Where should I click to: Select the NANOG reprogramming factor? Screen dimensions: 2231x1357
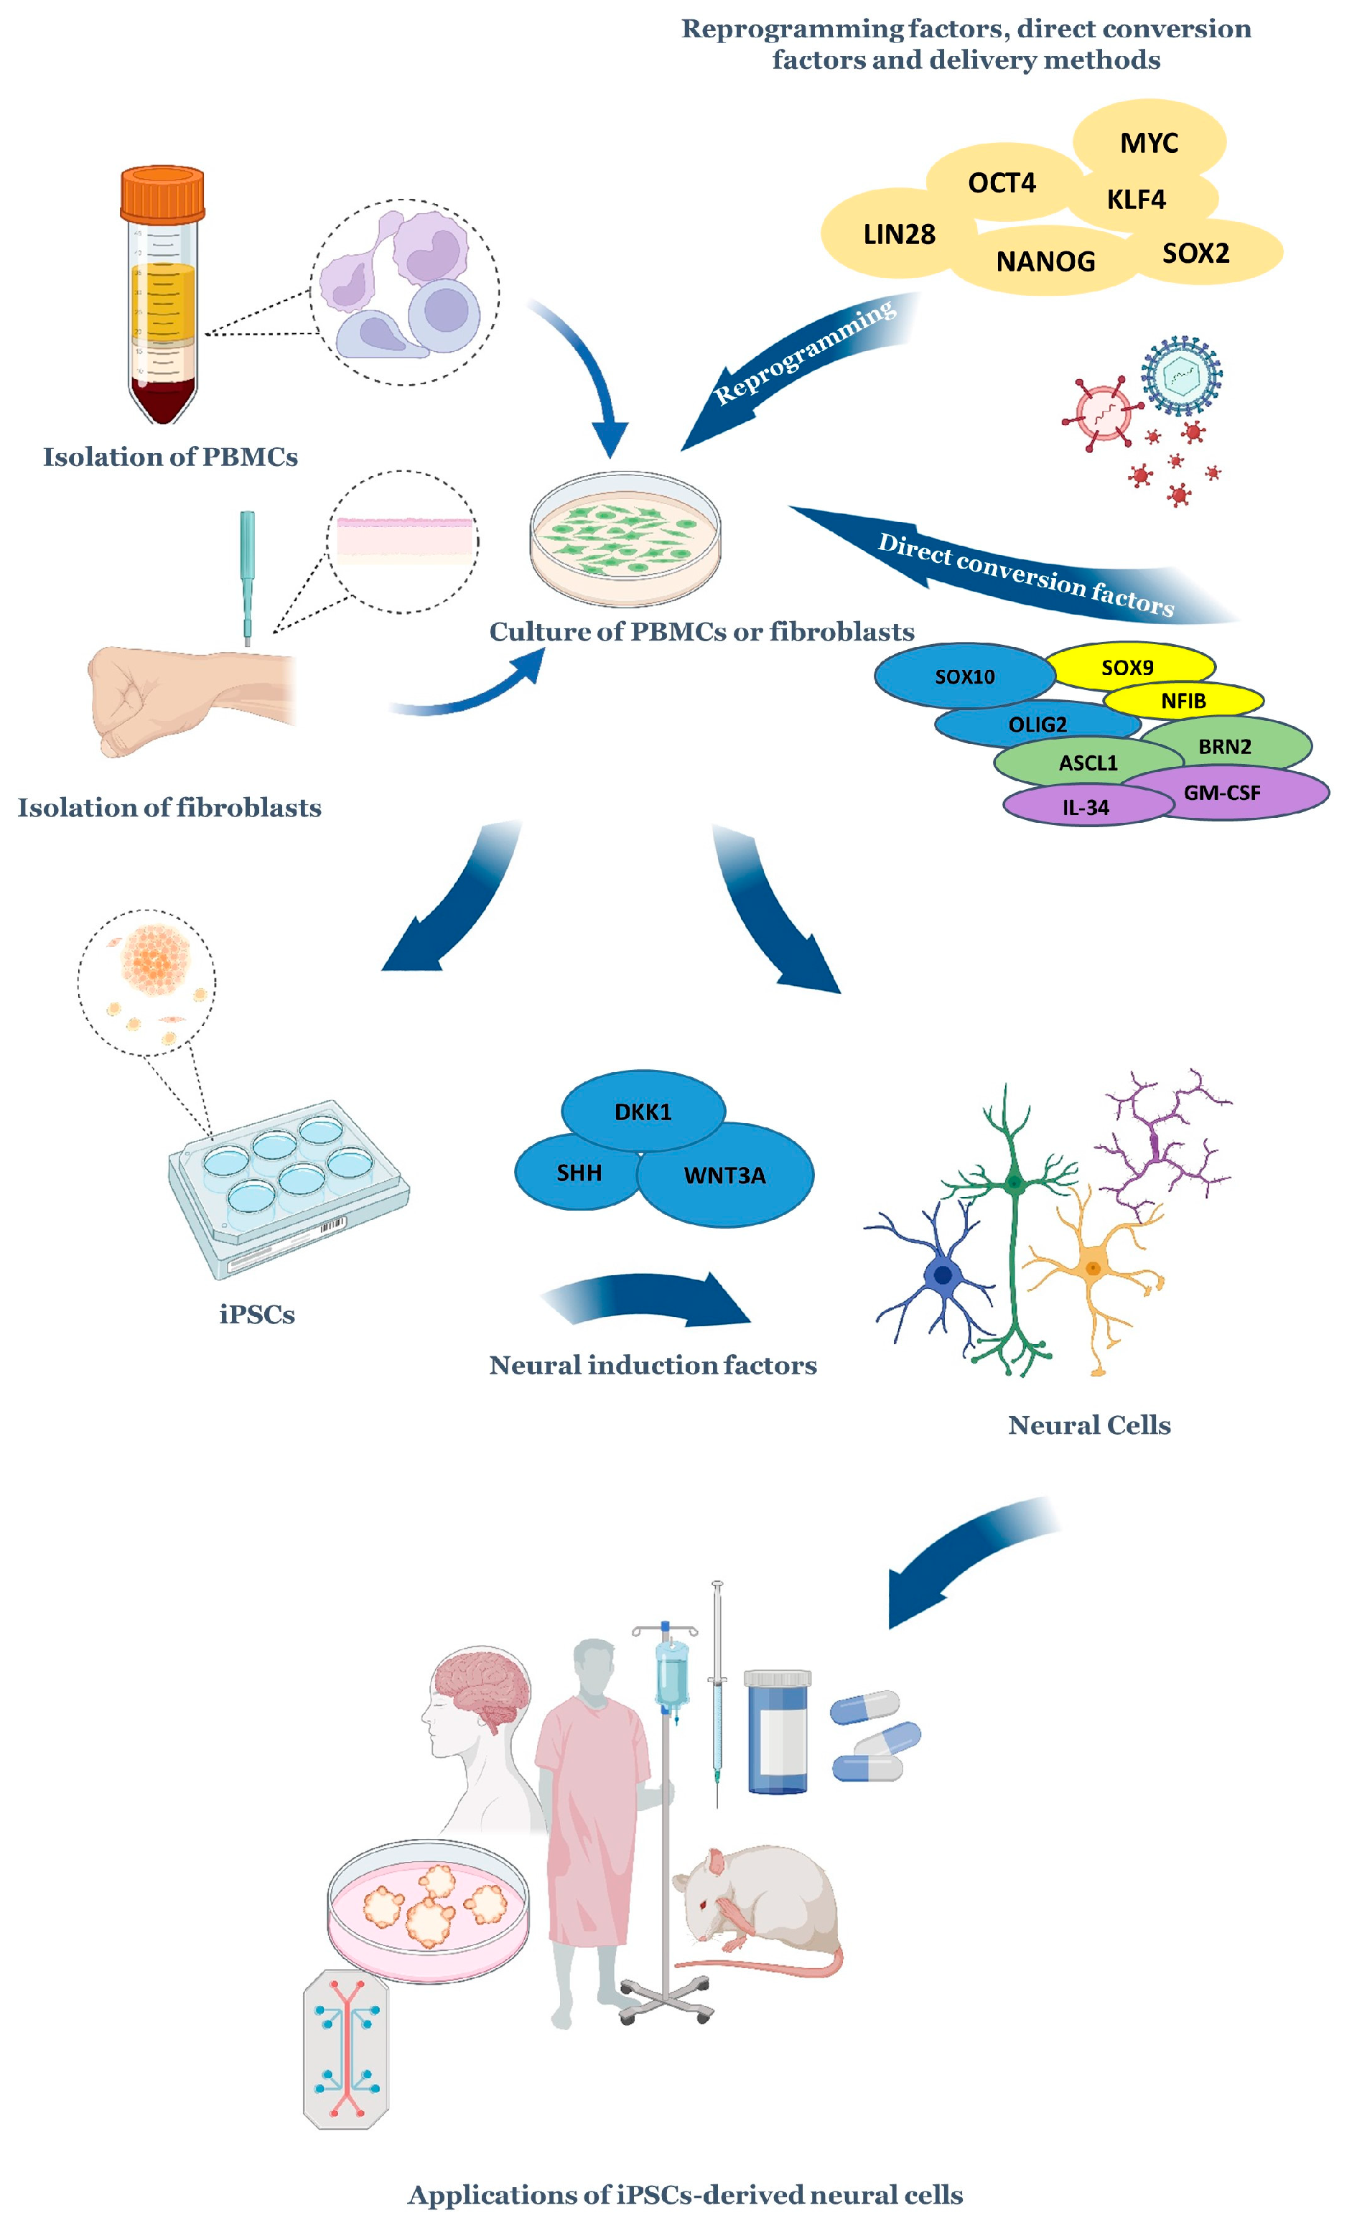1045,261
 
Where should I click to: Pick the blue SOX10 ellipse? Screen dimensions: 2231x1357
964,676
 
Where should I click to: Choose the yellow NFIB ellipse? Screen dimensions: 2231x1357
1183,701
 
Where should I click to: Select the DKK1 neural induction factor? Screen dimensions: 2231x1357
642,1111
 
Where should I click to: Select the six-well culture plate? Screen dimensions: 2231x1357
288,1186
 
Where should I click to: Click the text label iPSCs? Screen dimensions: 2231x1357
257,1314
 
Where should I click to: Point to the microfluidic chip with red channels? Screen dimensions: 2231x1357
346,2048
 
